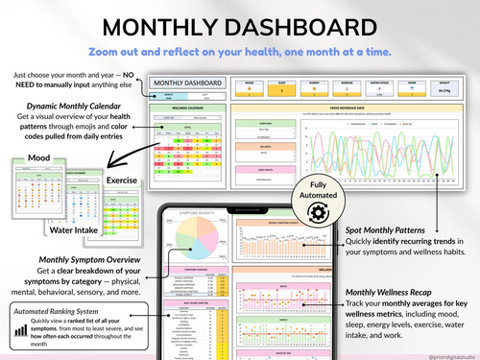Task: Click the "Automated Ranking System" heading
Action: pyautogui.click(x=57, y=312)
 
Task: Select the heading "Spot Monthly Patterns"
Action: pyautogui.click(x=391, y=231)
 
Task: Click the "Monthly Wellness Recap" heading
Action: pyautogui.click(x=396, y=291)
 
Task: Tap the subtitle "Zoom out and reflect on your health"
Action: pyautogui.click(x=240, y=50)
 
